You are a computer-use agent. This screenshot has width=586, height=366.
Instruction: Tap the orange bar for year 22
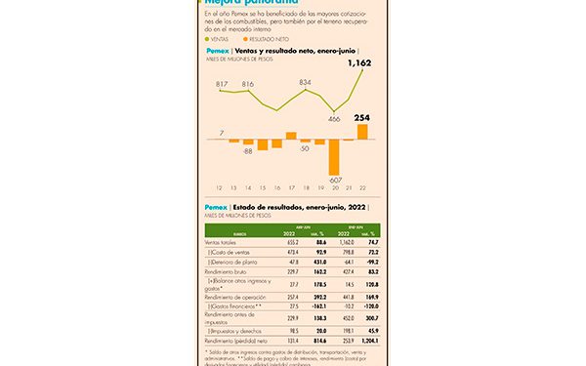tap(363, 131)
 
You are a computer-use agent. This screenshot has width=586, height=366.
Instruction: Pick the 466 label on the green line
tap(335, 118)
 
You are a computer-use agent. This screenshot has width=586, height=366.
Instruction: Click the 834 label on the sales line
tap(305, 83)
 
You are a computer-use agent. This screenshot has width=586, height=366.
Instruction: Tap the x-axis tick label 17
tap(291, 188)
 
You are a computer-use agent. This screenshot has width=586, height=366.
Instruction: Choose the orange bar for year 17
tap(291, 136)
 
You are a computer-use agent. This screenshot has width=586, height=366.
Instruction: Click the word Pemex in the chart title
tap(216, 51)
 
